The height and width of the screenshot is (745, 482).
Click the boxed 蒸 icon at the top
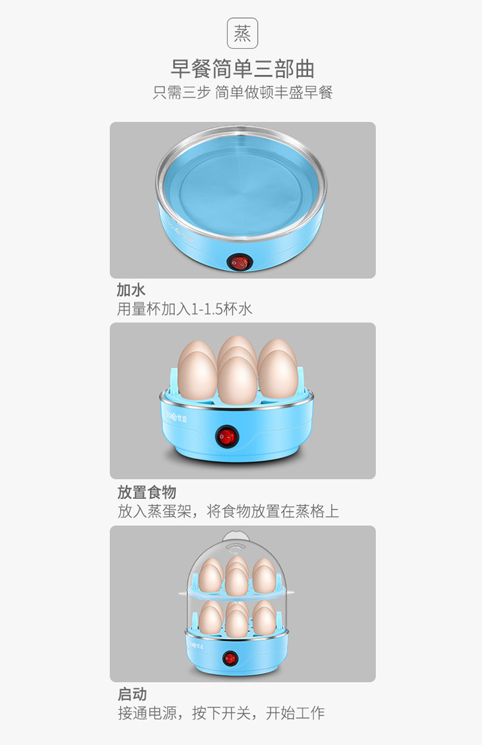point(242,33)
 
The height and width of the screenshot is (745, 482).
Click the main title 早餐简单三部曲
point(242,69)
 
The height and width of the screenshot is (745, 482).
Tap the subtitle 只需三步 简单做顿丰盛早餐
point(242,92)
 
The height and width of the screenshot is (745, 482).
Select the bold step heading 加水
point(130,290)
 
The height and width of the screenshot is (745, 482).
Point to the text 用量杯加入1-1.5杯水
point(184,310)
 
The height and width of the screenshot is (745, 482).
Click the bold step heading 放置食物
point(147,492)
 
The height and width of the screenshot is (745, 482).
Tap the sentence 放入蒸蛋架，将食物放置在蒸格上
point(228,511)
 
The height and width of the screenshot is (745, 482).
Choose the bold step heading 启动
point(132,694)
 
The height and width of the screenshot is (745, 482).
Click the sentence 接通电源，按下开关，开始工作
point(221,713)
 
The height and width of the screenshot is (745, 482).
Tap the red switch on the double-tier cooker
point(230,658)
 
